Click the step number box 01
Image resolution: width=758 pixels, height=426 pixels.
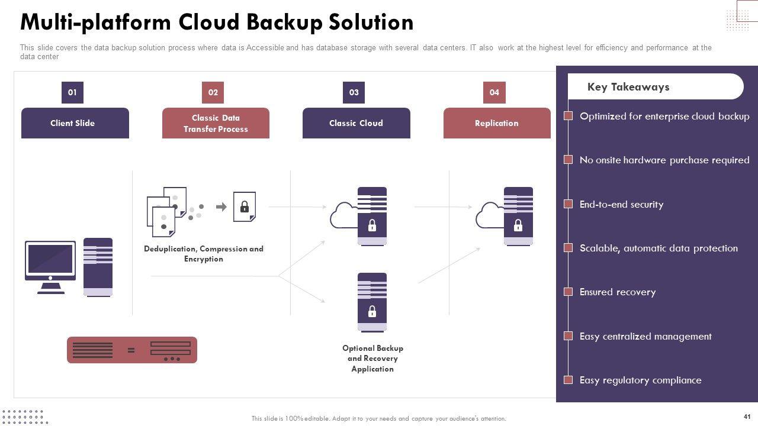pyautogui.click(x=72, y=92)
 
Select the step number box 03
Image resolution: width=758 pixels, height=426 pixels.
pyautogui.click(x=354, y=92)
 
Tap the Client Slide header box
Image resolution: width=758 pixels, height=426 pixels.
pyautogui.click(x=75, y=123)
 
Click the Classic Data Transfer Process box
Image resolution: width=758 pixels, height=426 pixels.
pyautogui.click(x=216, y=123)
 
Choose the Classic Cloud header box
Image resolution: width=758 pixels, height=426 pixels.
pyautogui.click(x=356, y=123)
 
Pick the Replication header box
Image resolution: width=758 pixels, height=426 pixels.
pyautogui.click(x=497, y=123)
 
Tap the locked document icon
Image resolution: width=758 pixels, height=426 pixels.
pyautogui.click(x=245, y=206)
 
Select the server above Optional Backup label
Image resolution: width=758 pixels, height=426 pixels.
pyautogui.click(x=372, y=302)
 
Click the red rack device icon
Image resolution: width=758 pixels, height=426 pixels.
pyautogui.click(x=132, y=350)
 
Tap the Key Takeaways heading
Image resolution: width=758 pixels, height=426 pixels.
pyautogui.click(x=628, y=87)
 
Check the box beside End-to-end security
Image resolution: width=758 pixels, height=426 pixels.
pyautogui.click(x=568, y=204)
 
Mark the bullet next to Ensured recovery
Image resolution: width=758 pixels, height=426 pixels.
pyautogui.click(x=568, y=292)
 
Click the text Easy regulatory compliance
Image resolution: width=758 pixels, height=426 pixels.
pyautogui.click(x=640, y=380)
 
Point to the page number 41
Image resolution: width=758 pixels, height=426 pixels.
pyautogui.click(x=746, y=417)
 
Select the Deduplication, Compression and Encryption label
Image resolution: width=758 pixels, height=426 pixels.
pyautogui.click(x=204, y=254)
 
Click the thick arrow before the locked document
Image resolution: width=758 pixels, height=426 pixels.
pyautogui.click(x=221, y=206)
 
